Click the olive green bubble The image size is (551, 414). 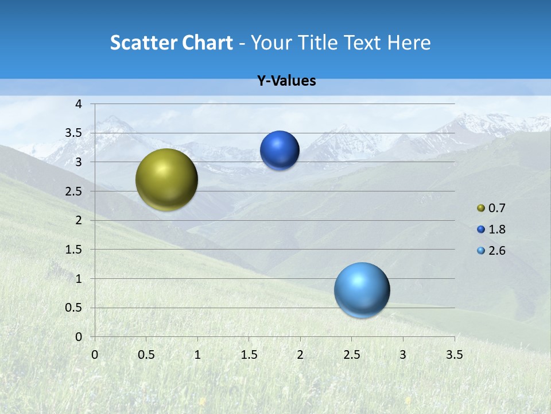click(x=166, y=179)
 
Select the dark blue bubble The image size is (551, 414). click(x=280, y=151)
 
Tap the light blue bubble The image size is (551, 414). click(x=362, y=290)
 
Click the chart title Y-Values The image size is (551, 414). click(x=286, y=81)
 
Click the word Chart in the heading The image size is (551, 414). click(x=208, y=43)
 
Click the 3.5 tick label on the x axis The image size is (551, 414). click(x=454, y=355)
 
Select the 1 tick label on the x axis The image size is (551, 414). click(x=197, y=355)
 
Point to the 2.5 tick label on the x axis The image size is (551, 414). click(x=351, y=355)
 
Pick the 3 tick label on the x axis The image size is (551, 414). click(x=403, y=355)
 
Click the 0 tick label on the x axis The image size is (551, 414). click(x=95, y=355)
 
